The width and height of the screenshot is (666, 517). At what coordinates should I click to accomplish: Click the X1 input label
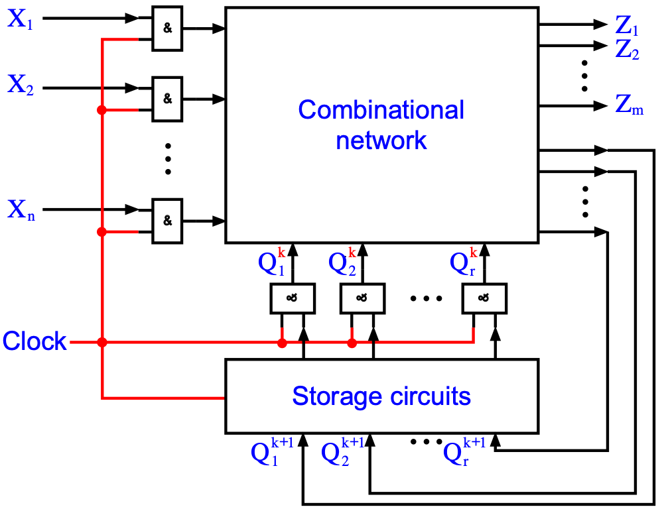(x=20, y=19)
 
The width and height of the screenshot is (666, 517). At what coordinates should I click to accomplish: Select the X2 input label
(x=21, y=85)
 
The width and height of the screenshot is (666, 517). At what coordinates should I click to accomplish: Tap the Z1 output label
(x=626, y=26)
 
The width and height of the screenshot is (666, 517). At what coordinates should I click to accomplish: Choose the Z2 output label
(x=627, y=50)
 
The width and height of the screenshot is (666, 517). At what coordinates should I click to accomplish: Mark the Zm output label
(x=629, y=105)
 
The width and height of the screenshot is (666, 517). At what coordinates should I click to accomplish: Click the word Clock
(x=34, y=341)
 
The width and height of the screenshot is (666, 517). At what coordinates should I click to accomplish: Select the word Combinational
(x=381, y=110)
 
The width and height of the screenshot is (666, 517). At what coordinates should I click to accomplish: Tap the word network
(x=381, y=141)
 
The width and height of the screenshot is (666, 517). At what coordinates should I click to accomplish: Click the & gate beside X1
(x=167, y=29)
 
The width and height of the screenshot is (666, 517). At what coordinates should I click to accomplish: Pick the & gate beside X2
(x=167, y=99)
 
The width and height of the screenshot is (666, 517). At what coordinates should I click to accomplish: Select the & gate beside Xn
(x=167, y=221)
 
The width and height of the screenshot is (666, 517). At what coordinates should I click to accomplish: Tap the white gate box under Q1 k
(x=293, y=298)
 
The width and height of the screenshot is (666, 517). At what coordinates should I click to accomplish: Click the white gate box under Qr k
(x=484, y=298)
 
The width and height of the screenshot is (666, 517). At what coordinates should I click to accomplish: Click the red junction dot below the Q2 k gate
(x=352, y=343)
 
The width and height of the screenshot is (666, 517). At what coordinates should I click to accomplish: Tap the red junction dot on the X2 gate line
(x=101, y=110)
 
